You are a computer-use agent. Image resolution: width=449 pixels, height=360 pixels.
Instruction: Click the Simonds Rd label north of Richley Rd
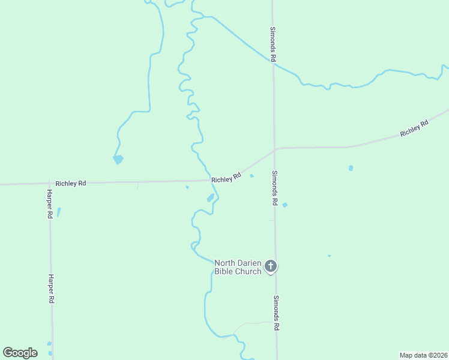click(x=273, y=44)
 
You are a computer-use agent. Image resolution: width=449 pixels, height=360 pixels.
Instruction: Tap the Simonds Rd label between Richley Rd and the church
click(x=274, y=188)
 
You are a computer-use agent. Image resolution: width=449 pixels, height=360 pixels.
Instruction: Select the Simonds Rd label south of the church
click(x=276, y=313)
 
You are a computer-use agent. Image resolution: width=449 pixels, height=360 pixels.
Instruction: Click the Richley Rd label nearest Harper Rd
click(x=71, y=183)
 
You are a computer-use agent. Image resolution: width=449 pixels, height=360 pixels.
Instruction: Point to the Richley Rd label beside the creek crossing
click(x=226, y=178)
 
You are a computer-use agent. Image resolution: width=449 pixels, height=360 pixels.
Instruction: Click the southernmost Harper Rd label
click(x=52, y=289)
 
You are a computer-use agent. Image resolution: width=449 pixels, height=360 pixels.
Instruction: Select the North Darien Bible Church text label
click(x=238, y=267)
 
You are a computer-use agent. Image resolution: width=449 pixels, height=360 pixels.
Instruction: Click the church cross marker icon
click(x=271, y=265)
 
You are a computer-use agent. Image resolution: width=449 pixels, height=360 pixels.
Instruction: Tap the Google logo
click(x=20, y=353)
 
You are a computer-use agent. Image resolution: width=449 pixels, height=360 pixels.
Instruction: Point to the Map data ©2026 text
click(x=424, y=355)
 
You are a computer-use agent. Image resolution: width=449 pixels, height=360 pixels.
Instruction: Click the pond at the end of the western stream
click(x=118, y=160)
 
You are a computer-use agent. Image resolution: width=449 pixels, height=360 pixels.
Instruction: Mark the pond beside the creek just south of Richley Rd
click(x=210, y=198)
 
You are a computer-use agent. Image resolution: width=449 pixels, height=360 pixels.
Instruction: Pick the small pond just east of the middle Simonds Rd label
click(x=285, y=205)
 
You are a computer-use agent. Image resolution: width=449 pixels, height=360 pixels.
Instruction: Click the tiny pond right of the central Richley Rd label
click(x=252, y=176)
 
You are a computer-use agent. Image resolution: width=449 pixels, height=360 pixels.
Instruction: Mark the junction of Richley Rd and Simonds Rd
click(x=275, y=149)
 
